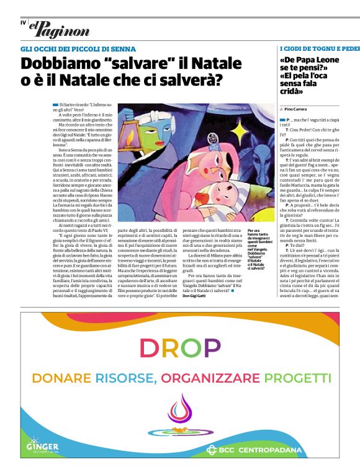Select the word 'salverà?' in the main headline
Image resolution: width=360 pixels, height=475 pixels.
coord(194,80)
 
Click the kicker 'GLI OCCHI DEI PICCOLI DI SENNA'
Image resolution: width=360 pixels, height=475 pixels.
coord(78,49)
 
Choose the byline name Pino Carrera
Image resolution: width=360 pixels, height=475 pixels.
coord(298,109)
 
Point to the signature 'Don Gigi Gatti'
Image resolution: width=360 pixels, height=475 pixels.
coord(197,296)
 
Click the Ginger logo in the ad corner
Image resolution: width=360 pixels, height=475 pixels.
coord(42,446)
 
